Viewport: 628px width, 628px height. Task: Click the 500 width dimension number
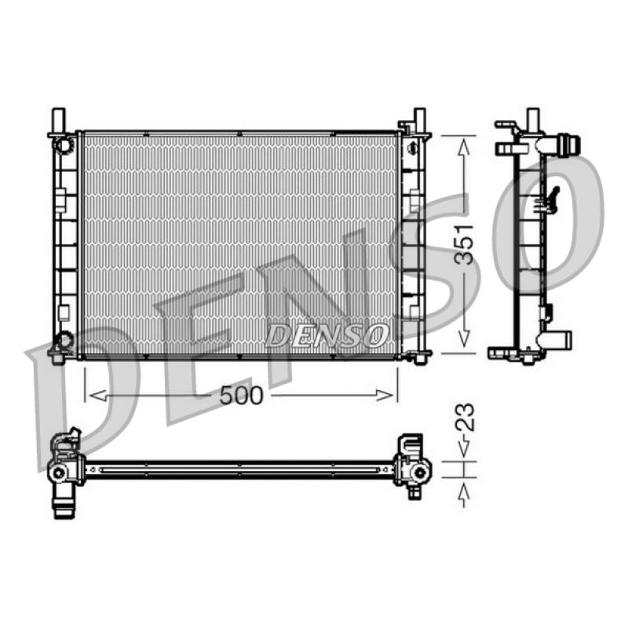(x=241, y=396)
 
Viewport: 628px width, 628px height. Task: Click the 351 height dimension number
(x=464, y=244)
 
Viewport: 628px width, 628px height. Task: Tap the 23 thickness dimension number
(x=464, y=418)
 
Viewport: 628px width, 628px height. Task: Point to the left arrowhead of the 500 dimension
(x=98, y=396)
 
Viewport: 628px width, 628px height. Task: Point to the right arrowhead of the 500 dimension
(x=385, y=396)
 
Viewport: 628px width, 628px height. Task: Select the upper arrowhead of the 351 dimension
(x=464, y=148)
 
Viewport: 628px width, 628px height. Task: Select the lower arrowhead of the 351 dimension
(x=464, y=338)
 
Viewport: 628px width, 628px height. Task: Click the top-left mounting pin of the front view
(x=59, y=119)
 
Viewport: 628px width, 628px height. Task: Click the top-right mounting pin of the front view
(x=419, y=119)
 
